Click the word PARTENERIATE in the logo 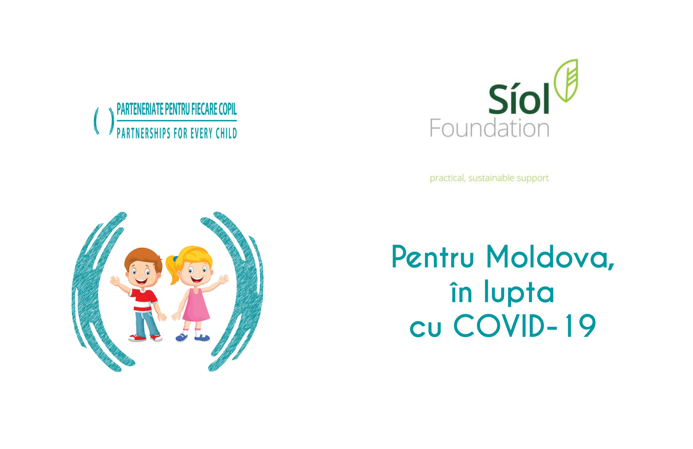(x=140, y=109)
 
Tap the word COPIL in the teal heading (x=228, y=109)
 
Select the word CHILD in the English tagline (x=226, y=134)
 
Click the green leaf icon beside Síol (x=566, y=81)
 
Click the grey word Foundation (x=489, y=128)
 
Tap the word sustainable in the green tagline (x=492, y=177)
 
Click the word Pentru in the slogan (x=433, y=257)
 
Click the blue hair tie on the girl (x=176, y=258)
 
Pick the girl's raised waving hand (x=224, y=279)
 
